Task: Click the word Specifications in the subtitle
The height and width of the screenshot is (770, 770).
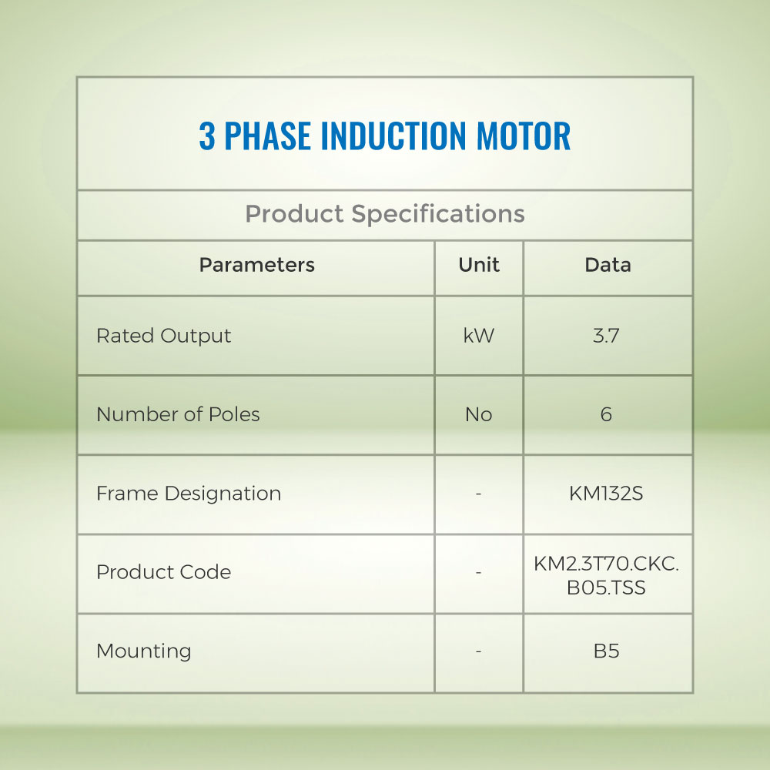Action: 438,214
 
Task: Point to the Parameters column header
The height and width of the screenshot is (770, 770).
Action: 257,265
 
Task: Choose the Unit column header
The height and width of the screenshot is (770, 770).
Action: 479,265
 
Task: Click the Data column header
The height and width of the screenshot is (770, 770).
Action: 608,265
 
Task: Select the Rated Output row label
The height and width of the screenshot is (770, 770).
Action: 163,336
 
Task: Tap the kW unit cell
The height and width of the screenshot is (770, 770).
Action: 479,336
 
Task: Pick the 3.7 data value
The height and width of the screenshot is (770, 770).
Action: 606,336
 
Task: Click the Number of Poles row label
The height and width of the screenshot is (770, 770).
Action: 178,414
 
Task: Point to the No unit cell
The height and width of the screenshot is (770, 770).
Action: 479,415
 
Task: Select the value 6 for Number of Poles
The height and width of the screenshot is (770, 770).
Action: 607,415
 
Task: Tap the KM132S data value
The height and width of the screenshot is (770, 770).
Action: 606,494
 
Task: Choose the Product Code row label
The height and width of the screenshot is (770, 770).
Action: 163,572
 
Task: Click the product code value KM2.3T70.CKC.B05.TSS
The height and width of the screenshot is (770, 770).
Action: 606,575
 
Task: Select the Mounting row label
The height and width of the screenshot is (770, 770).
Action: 143,651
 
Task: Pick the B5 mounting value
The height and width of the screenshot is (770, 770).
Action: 607,651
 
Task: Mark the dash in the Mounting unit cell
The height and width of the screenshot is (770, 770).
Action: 478,651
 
